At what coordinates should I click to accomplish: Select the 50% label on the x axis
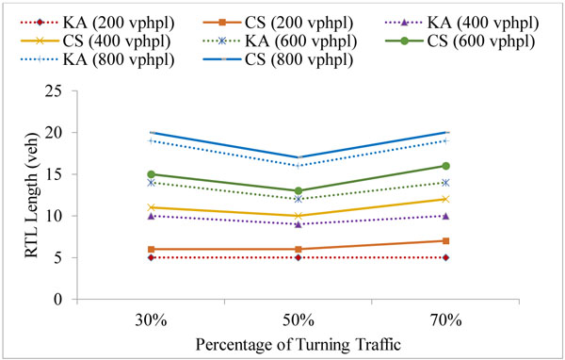(298, 320)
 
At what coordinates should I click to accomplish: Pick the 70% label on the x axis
(444, 320)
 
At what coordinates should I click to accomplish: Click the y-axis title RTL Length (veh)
(23, 195)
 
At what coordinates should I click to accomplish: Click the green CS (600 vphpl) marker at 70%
(444, 166)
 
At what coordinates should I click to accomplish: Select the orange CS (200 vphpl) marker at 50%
(298, 249)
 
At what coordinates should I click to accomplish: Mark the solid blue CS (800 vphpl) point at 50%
(298, 157)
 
